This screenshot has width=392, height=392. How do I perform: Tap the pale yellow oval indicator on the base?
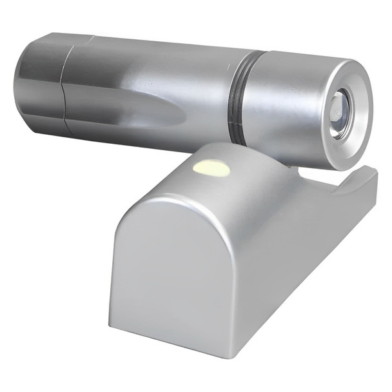[x=211, y=169]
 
